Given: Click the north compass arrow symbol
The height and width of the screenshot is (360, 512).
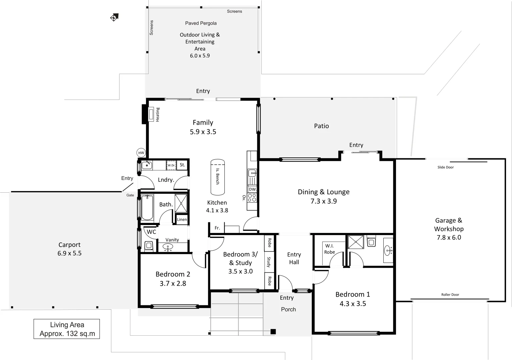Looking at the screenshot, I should coord(114,17).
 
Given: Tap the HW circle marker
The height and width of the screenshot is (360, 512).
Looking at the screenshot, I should coord(141,153).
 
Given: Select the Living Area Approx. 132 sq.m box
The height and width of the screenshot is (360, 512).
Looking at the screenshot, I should coord(67,329).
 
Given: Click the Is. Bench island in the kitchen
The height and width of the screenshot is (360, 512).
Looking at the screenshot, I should coord(217,177).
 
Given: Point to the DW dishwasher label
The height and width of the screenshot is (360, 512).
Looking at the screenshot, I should coord(252,189).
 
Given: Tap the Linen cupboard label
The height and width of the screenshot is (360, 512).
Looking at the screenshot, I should coord(182,219).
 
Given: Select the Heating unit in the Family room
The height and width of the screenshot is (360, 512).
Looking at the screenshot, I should coord(151,114).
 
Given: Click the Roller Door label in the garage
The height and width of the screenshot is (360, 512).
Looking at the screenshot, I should coord(450,295).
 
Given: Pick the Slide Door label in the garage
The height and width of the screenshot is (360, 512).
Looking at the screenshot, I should coord(445,167).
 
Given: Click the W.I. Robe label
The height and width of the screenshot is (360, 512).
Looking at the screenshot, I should coord(329,249).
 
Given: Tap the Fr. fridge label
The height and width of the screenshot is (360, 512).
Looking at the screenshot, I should coord(217,228).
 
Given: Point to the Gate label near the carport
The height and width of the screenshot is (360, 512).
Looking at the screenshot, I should coord(130,195).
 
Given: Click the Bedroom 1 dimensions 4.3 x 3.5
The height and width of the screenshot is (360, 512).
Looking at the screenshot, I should coord(353,304).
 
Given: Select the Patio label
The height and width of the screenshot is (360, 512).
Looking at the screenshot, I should coord(321,126).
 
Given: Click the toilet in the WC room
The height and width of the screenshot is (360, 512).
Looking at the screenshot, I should coord(149,246).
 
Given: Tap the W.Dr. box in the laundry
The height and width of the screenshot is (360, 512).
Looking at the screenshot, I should coord(171,165).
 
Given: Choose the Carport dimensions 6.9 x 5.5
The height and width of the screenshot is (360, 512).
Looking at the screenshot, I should coord(69,253).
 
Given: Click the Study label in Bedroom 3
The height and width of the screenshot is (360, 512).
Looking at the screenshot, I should coord(269,262).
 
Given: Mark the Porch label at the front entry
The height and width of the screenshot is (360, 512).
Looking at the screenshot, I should coord(288,309).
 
